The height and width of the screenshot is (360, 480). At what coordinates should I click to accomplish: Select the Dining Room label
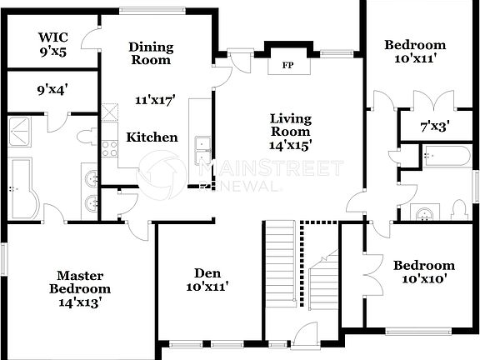[151, 53]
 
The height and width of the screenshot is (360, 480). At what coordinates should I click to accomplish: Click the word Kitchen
[152, 137]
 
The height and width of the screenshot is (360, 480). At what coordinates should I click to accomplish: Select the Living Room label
[290, 125]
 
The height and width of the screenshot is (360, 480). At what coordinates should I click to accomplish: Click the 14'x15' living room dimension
[290, 145]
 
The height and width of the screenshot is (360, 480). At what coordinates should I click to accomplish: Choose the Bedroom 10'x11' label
[414, 52]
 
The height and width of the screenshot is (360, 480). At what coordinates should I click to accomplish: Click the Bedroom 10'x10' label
[424, 272]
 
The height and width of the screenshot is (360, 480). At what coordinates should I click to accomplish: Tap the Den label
[206, 279]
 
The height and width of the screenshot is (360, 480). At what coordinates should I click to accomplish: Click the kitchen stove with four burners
[109, 148]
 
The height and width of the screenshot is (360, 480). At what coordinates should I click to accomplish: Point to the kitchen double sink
[201, 150]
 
